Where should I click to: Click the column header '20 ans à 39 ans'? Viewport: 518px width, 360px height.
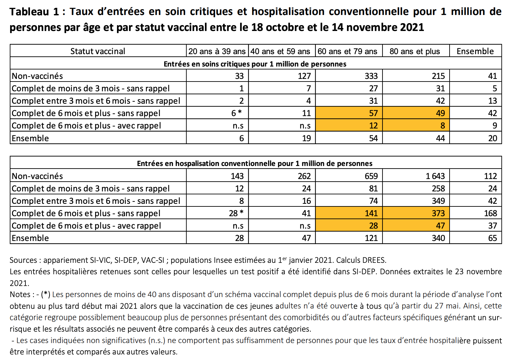(217, 51)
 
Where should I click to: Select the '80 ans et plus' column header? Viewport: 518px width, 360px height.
(415, 51)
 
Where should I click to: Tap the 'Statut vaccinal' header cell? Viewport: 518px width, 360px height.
(98, 51)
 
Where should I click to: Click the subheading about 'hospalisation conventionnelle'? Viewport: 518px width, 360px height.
(255, 163)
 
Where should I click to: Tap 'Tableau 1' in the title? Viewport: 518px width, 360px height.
(34, 12)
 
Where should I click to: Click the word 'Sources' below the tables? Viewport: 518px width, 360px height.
(23, 260)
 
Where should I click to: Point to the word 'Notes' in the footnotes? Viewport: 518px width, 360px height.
(20, 294)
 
